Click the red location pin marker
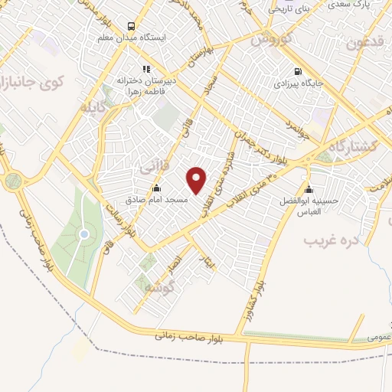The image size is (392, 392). tap(198, 180)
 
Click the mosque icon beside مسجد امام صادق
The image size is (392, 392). tap(157, 188)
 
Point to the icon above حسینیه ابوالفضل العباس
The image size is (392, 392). tap(309, 190)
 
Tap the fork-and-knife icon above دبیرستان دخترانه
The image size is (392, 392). tap(146, 69)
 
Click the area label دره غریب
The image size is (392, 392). tap(331, 240)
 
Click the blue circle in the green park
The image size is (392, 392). tap(85, 234)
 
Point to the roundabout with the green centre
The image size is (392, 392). tap(13, 181)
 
